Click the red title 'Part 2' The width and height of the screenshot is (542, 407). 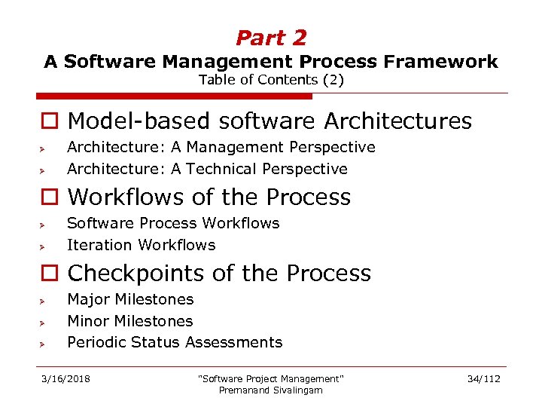[271, 38]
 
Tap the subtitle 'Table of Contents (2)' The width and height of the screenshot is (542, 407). [271, 80]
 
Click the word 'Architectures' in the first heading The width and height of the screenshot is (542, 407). [398, 121]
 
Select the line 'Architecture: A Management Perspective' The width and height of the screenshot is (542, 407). [221, 147]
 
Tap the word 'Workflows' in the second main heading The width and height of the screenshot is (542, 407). [126, 197]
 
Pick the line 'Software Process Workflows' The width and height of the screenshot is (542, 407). [173, 223]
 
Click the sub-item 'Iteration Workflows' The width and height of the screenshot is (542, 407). [141, 245]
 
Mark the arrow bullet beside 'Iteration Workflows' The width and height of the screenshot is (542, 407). [44, 246]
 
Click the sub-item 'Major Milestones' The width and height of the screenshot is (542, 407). [130, 299]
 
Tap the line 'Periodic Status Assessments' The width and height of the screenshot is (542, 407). [175, 342]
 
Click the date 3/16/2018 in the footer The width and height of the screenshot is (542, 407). [65, 378]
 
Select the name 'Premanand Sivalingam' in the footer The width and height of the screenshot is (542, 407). [270, 390]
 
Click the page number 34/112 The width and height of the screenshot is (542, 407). [483, 378]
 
